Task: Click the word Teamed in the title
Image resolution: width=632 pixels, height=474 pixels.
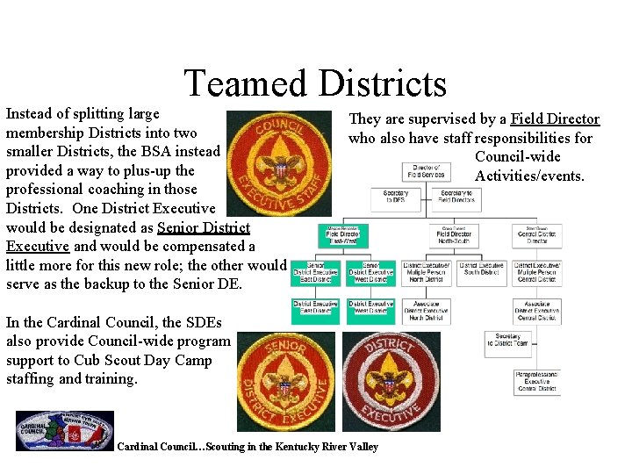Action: [243, 84]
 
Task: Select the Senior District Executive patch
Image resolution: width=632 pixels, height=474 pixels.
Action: [286, 381]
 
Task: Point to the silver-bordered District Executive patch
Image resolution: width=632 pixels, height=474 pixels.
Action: [391, 381]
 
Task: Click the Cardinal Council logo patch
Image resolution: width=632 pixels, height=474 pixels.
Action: [65, 431]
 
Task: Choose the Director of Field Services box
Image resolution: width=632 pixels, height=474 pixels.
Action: [426, 171]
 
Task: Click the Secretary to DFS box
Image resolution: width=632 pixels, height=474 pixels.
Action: [396, 197]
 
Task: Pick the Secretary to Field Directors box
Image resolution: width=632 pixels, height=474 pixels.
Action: [456, 197]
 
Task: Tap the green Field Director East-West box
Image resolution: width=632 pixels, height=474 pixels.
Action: [342, 234]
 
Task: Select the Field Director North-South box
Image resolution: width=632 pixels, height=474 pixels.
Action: [454, 234]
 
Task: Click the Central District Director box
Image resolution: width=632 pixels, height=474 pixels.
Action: [536, 234]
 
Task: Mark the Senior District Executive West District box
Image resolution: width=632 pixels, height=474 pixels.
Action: [370, 273]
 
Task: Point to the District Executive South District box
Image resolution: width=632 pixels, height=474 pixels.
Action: [481, 269]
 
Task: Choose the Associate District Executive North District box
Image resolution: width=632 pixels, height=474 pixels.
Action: [426, 311]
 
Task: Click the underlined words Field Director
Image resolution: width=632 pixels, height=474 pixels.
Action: [555, 119]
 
